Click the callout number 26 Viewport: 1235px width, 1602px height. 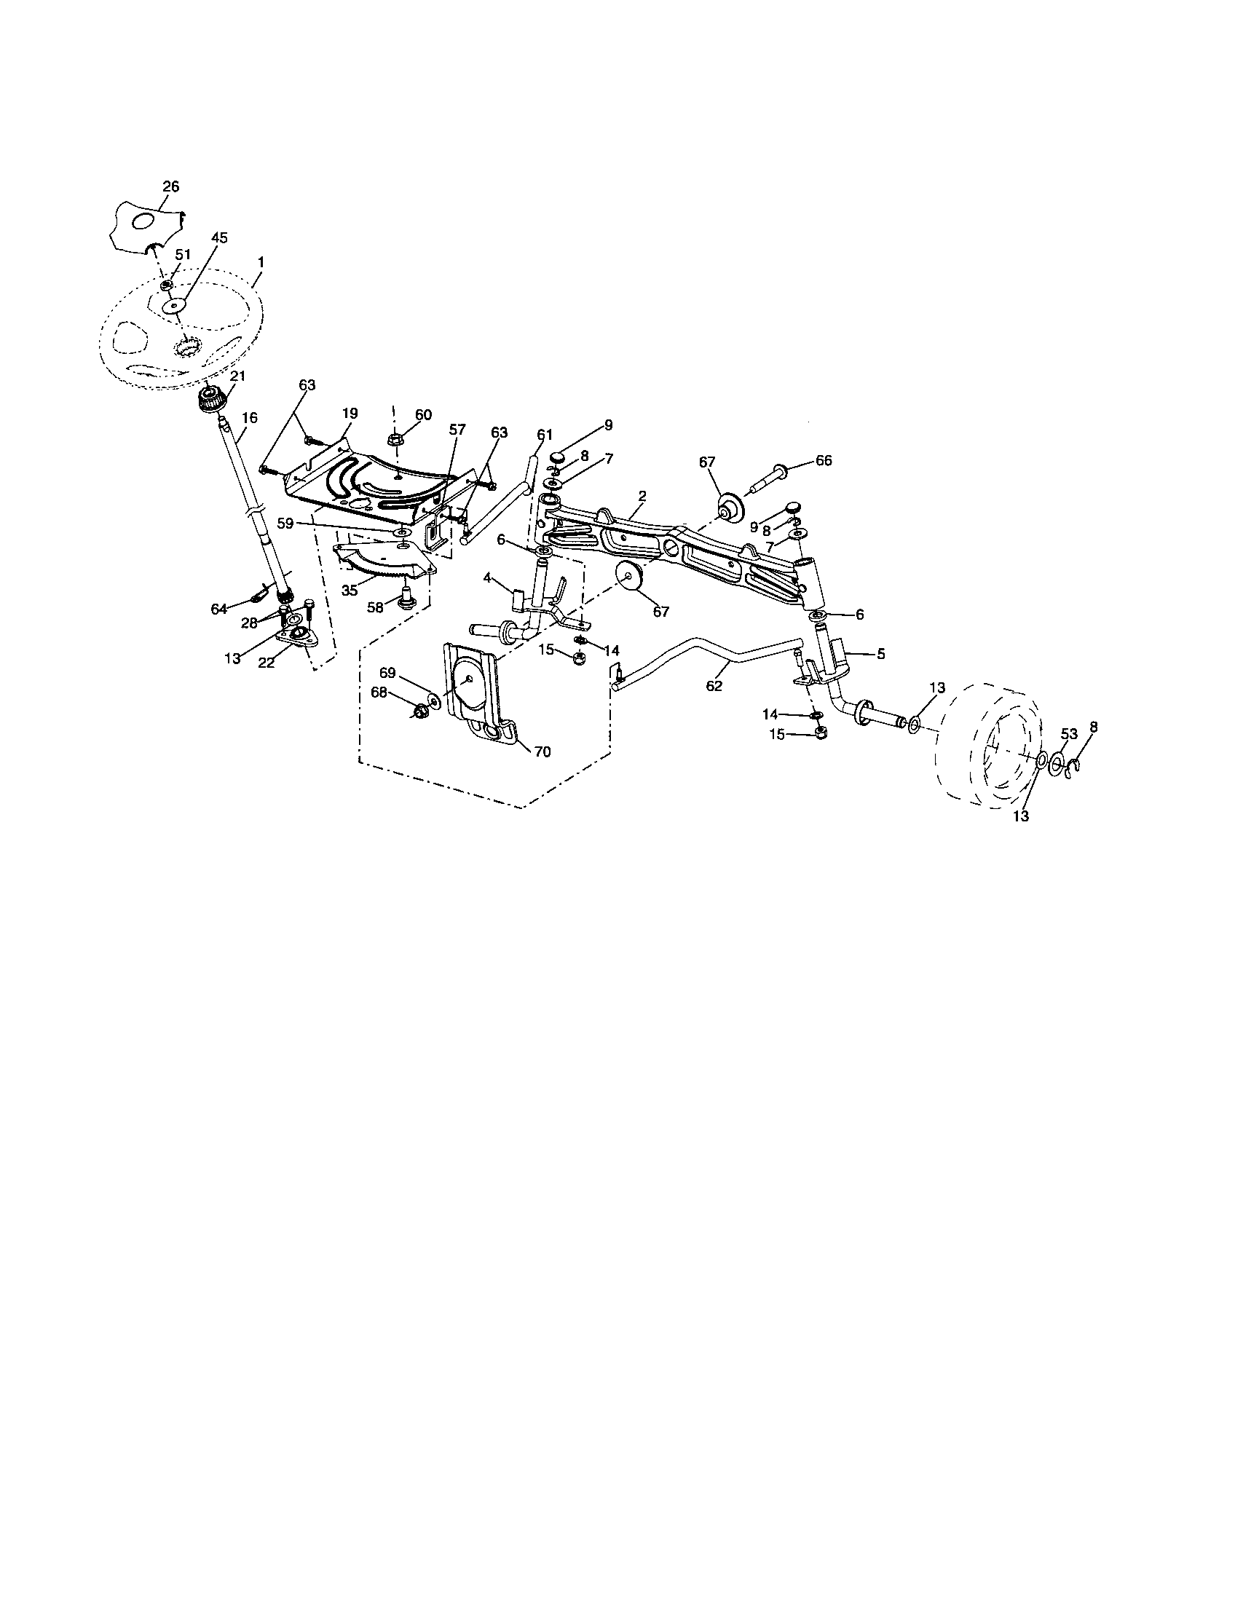click(170, 187)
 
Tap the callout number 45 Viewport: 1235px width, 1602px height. click(219, 238)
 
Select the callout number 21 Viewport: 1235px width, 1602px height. click(237, 376)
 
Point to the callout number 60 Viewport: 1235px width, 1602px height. click(423, 414)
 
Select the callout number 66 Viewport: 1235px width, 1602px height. click(824, 460)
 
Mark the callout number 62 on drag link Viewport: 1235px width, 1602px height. click(714, 686)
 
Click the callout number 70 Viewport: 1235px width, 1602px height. click(542, 751)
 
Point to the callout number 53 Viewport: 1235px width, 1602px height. click(1068, 734)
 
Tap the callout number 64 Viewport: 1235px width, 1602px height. click(218, 609)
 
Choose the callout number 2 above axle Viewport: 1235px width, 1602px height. click(642, 496)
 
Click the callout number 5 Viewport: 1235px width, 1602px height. click(881, 655)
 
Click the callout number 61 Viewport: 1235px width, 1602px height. click(543, 434)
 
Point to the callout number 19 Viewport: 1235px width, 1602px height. click(348, 414)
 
